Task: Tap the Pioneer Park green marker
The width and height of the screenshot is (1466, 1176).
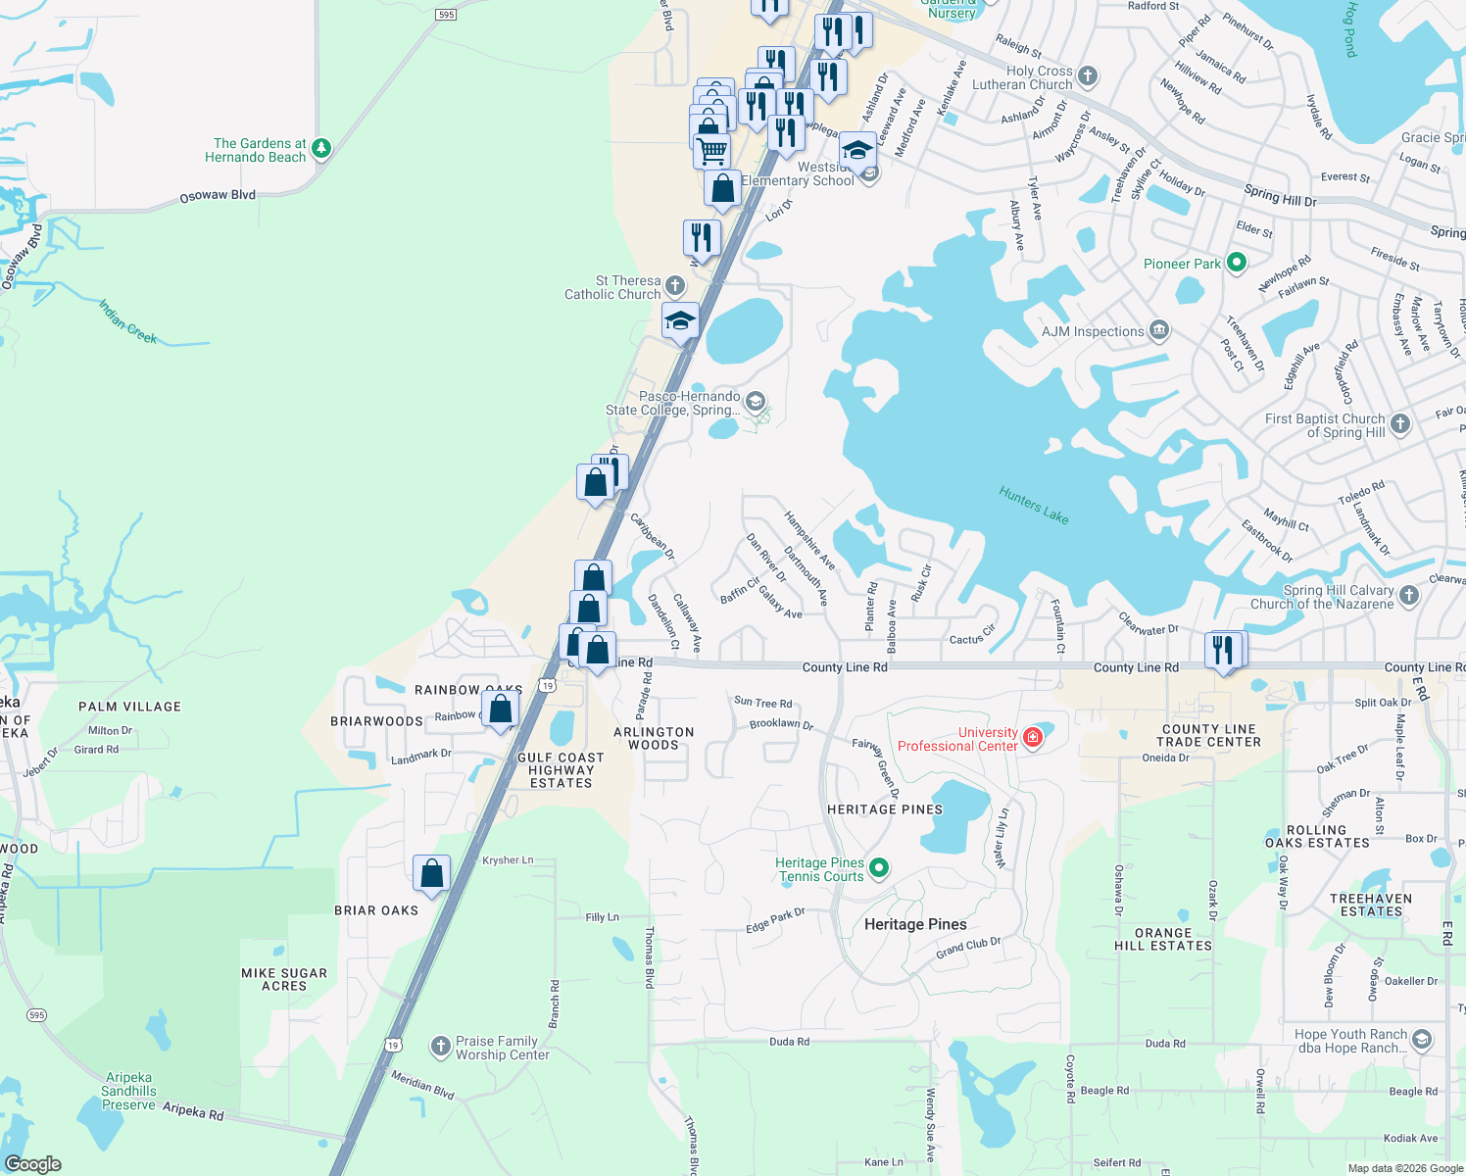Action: [1237, 263]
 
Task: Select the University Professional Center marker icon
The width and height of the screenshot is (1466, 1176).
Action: [1032, 737]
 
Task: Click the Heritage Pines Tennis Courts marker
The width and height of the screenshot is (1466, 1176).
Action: [879, 867]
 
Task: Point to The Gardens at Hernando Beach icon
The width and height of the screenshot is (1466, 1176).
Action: [321, 149]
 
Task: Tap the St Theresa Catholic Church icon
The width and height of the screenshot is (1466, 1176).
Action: [674, 285]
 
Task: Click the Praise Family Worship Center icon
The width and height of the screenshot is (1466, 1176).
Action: [441, 1047]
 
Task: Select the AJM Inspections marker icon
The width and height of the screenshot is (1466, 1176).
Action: [1159, 330]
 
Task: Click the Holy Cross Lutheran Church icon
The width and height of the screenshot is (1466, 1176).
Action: [1088, 75]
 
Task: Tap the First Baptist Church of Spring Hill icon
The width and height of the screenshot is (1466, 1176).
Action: [1400, 423]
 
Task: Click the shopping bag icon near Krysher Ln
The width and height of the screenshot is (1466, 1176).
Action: [431, 872]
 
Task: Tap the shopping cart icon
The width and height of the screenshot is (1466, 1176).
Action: [711, 151]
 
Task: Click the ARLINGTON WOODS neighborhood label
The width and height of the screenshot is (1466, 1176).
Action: [654, 738]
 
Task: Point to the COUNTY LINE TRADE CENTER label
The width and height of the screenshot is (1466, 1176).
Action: [1209, 735]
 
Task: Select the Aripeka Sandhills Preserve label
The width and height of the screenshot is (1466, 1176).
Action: [128, 1091]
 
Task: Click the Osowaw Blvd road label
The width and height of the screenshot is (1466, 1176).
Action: [218, 196]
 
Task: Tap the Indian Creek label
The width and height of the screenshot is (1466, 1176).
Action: [127, 321]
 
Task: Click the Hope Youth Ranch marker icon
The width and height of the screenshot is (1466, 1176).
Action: [1422, 1039]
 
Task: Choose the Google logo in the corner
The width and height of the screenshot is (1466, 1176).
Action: [32, 1163]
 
